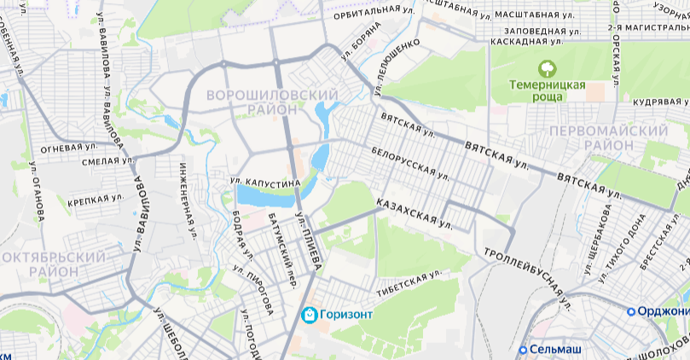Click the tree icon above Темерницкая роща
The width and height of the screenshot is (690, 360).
pyautogui.click(x=547, y=67)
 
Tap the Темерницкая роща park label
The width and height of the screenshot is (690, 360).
pyautogui.click(x=548, y=90)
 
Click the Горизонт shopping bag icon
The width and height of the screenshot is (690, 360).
pyautogui.click(x=310, y=315)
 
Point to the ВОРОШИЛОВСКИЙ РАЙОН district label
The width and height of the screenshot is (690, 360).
pyautogui.click(x=268, y=101)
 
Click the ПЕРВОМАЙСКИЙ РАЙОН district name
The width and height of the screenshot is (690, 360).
pyautogui.click(x=608, y=137)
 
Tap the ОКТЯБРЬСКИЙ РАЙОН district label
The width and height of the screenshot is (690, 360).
pyautogui.click(x=55, y=264)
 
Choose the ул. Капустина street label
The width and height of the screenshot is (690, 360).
pyautogui.click(x=265, y=183)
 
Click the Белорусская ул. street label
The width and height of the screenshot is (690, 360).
pyautogui.click(x=411, y=162)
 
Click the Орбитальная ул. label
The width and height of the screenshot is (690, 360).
pyautogui.click(x=368, y=9)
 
